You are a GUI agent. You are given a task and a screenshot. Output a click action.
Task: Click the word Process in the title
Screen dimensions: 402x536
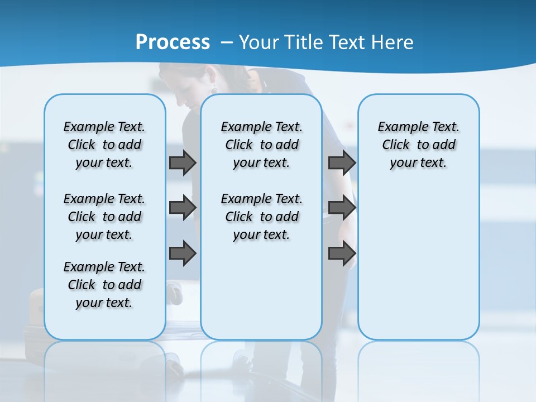(173, 42)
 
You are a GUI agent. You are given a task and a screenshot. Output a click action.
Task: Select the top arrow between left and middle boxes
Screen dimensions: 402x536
(183, 162)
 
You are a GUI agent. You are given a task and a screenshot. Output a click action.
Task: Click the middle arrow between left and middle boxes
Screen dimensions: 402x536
(183, 208)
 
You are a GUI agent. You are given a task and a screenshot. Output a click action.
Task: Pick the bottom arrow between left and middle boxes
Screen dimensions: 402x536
(183, 253)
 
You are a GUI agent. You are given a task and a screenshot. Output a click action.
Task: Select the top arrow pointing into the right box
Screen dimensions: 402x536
(342, 162)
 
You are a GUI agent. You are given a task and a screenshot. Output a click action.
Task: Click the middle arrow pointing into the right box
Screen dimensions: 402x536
(342, 208)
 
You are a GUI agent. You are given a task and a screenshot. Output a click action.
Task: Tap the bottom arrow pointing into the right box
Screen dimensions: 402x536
(342, 253)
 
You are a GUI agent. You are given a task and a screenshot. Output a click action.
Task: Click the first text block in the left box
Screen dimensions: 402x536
(104, 145)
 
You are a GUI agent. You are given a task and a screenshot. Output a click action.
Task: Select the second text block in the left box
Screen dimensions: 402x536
(104, 217)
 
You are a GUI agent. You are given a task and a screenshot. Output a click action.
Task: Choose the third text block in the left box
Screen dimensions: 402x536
(104, 285)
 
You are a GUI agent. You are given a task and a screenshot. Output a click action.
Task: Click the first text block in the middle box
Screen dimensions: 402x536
(261, 145)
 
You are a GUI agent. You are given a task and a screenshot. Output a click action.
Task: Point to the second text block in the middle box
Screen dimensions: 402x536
(261, 217)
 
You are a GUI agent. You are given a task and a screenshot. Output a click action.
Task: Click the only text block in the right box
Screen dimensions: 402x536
(418, 145)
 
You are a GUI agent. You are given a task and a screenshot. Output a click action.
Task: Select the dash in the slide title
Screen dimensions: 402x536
(226, 42)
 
